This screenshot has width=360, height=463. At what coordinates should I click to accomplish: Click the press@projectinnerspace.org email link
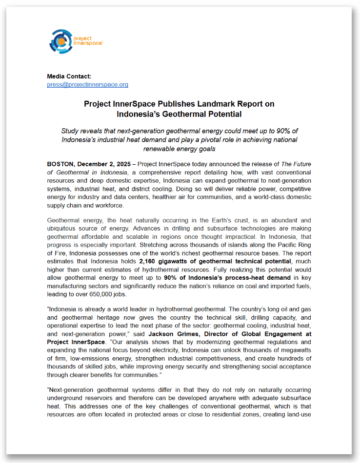tap(87, 84)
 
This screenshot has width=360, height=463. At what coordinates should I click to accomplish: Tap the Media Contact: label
tap(69, 77)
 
